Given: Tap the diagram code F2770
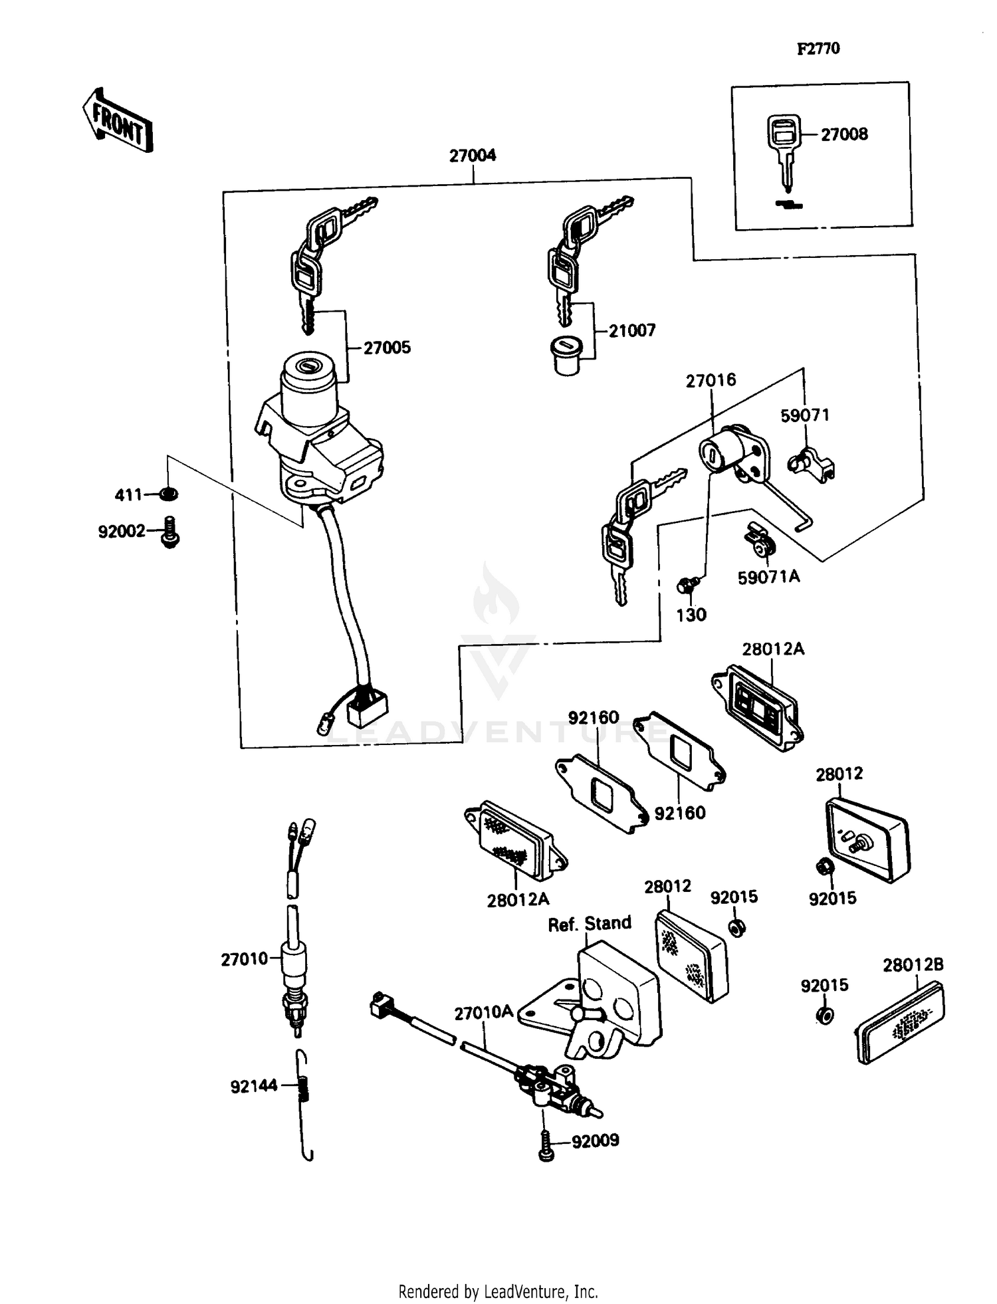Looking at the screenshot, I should (818, 49).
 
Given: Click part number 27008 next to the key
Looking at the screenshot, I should (844, 134).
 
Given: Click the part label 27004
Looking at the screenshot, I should (473, 156).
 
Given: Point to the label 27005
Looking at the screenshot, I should (387, 348).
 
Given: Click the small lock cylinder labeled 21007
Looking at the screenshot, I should (566, 356).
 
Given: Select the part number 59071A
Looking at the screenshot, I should (768, 577).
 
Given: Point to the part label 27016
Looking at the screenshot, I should (711, 380).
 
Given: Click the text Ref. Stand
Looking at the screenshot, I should (589, 923).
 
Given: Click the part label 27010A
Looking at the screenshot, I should (483, 1012).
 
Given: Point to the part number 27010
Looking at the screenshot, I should (244, 958).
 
